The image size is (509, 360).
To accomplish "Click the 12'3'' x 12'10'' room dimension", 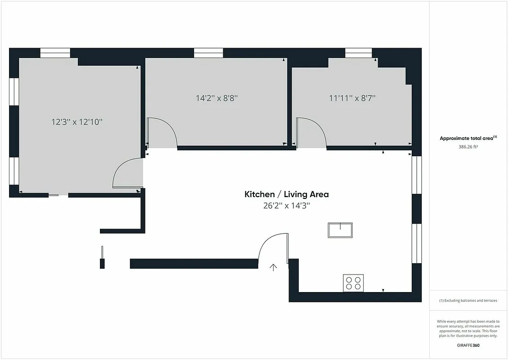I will (77, 121).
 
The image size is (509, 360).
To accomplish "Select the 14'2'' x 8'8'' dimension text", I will (216, 98).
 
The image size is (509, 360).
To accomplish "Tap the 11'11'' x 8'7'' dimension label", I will (352, 97).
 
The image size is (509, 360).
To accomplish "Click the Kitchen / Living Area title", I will (286, 194).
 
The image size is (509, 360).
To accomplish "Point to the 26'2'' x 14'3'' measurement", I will (286, 206).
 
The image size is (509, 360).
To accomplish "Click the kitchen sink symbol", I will (340, 230).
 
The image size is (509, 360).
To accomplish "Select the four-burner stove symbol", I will (353, 283).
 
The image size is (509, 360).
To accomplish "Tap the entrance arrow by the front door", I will (273, 267).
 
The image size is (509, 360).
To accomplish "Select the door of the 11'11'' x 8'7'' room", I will (311, 132).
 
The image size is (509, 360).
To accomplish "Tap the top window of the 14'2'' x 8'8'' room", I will (208, 53).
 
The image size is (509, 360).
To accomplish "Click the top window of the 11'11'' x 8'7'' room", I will (358, 53).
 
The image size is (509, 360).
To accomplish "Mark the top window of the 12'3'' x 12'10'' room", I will (55, 53).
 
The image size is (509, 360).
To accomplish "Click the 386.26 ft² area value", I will (468, 146).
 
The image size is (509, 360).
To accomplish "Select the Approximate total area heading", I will (468, 138).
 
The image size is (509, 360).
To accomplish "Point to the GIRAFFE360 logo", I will (468, 346).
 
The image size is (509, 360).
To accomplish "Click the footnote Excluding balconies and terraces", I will (468, 301).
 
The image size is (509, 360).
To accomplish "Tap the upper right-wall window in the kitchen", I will (416, 175).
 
